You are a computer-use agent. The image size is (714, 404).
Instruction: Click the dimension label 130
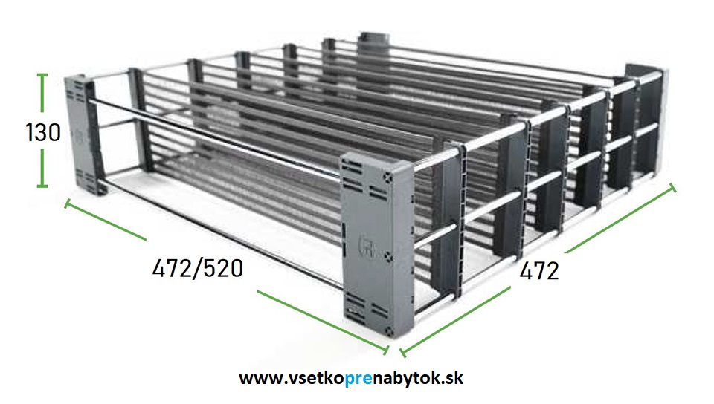point(43,133)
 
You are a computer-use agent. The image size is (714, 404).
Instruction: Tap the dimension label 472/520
point(198,268)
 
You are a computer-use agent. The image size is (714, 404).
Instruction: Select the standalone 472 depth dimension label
point(539,271)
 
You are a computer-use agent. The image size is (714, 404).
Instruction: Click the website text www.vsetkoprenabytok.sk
point(351,378)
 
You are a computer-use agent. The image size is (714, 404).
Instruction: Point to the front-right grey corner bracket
point(377,245)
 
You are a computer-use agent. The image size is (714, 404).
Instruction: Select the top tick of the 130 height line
point(42,74)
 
